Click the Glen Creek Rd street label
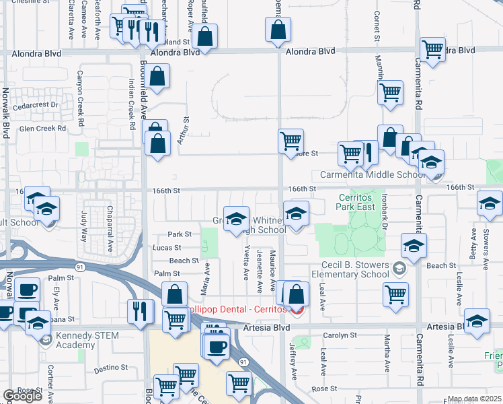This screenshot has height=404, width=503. (43, 128)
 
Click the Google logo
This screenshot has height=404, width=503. (22, 396)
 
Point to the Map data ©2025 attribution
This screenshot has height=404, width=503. (475, 399)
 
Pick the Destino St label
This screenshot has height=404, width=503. (111, 368)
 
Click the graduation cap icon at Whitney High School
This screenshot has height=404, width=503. (236, 217)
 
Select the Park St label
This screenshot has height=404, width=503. (180, 234)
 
